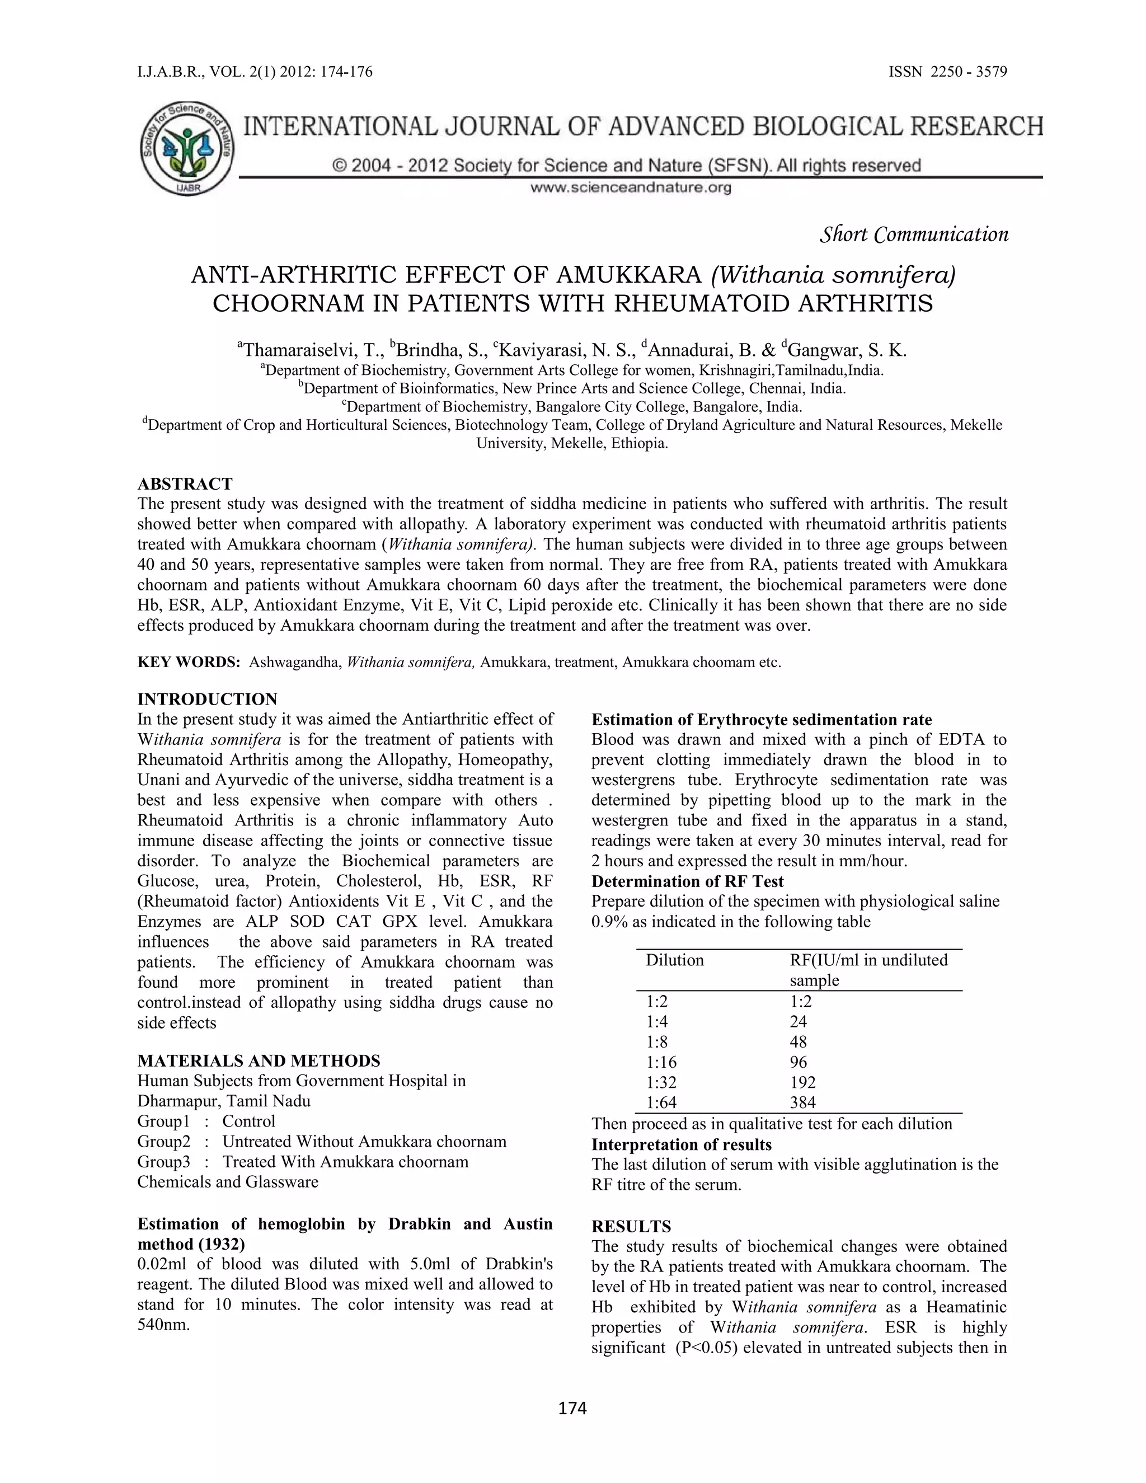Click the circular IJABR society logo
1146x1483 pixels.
tap(187, 149)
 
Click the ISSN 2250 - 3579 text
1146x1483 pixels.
tap(948, 72)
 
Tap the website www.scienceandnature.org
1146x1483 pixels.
tap(630, 188)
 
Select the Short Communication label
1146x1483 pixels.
tap(914, 235)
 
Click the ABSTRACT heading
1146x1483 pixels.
tap(185, 484)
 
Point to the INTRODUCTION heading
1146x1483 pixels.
tap(207, 699)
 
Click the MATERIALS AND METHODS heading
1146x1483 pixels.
tap(259, 1060)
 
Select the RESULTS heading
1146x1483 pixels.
tap(631, 1226)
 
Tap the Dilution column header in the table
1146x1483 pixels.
tap(674, 960)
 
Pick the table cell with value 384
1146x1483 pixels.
tap(802, 1103)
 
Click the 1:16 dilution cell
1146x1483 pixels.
tap(661, 1062)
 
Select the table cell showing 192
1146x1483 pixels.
tap(802, 1082)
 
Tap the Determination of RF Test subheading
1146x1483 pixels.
tap(687, 881)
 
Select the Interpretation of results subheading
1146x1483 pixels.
tap(681, 1145)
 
